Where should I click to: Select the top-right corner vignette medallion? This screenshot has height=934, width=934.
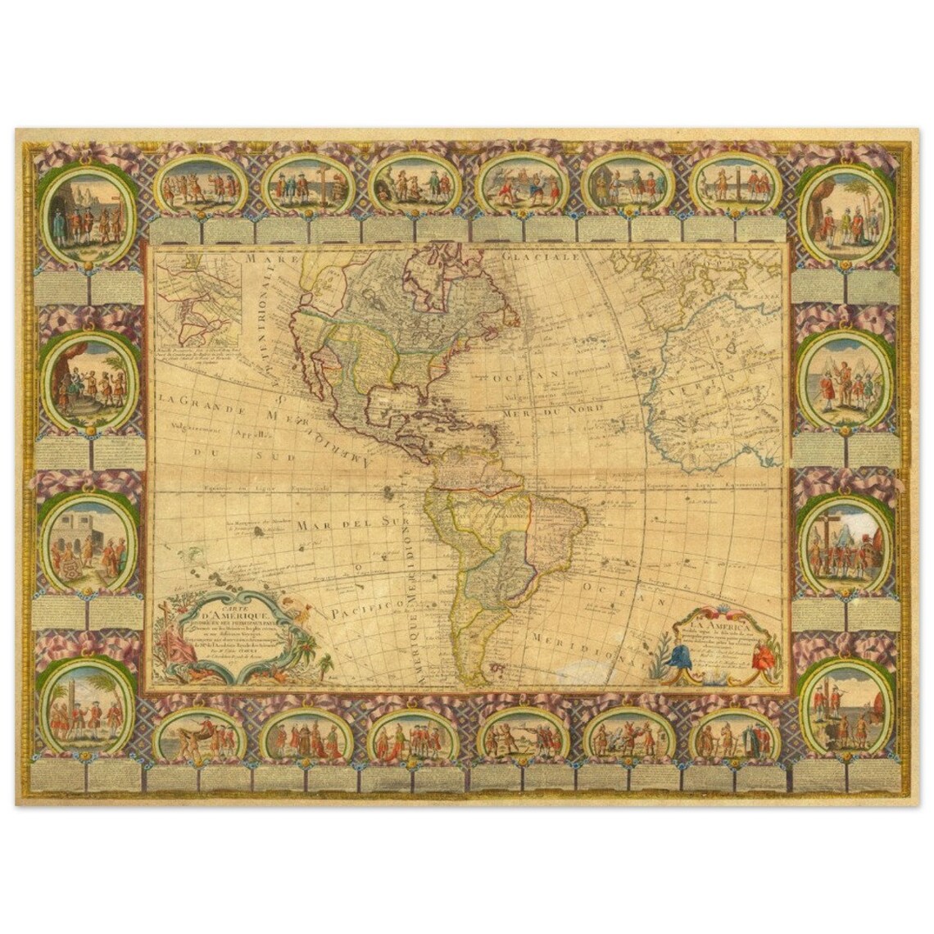coord(845,202)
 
